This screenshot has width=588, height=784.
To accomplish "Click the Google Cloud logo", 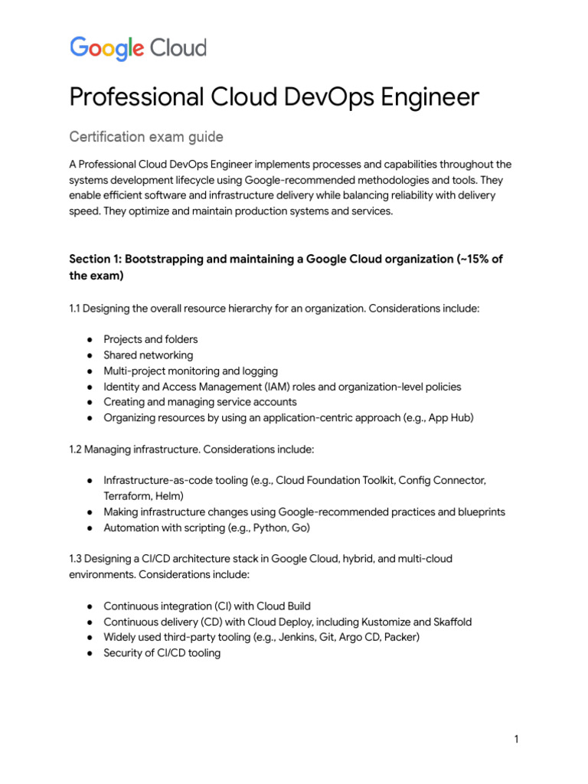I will click(139, 48).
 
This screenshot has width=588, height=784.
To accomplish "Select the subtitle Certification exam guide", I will click(146, 137).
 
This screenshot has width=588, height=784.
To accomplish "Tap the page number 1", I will click(517, 739).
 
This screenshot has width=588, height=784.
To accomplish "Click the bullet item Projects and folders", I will click(150, 339).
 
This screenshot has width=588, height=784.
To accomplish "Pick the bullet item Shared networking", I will click(148, 355).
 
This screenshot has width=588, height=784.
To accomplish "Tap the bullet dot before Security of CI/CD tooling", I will click(90, 653).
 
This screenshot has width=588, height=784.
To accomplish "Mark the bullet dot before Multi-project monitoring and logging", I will click(90, 371).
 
